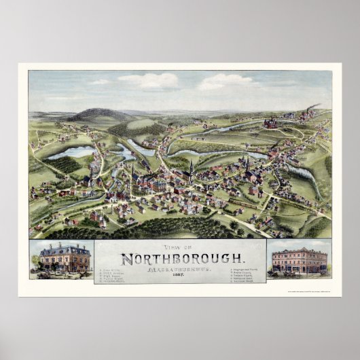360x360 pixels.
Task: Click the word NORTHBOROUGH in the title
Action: point(179,258)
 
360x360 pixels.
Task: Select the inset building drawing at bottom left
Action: point(62,259)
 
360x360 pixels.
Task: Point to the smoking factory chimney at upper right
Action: point(312,109)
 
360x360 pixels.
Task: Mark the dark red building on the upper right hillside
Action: point(270,123)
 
